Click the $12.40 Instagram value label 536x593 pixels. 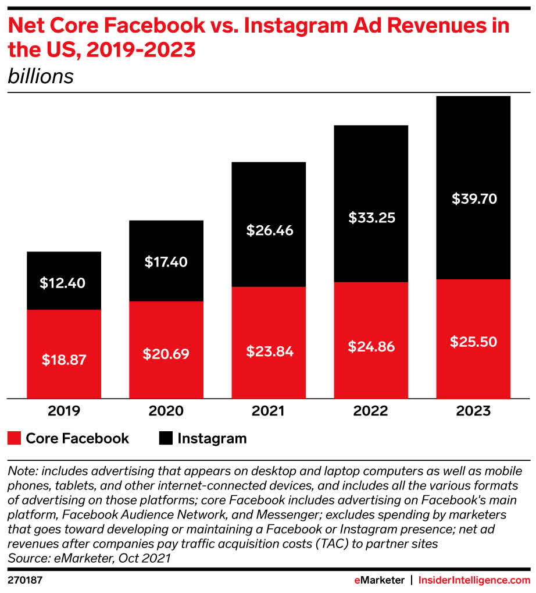click(63, 283)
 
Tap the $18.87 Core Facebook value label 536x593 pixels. click(63, 360)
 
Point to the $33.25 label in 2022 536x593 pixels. click(371, 218)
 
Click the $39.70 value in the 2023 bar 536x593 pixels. click(474, 198)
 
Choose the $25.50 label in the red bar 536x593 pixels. click(474, 342)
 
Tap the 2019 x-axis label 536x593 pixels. click(63, 411)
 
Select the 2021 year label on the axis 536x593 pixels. click(269, 411)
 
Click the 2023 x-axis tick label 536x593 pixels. click(474, 411)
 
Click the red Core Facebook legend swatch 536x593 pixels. click(14, 438)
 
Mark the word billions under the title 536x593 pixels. click(41, 77)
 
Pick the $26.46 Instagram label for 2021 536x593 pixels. click(269, 230)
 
